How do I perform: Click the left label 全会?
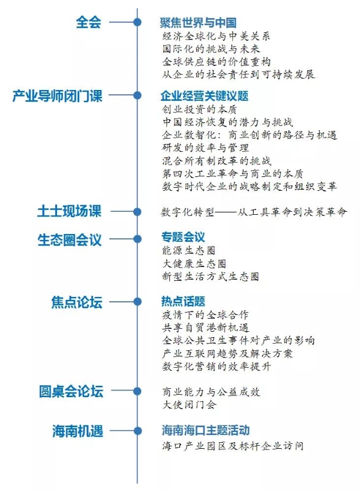click(x=89, y=22)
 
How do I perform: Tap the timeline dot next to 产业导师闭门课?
click(x=137, y=95)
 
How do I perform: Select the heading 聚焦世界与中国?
click(x=198, y=23)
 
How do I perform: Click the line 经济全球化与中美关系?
click(x=216, y=36)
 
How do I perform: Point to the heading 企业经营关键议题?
click(x=205, y=96)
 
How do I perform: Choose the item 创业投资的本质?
click(x=199, y=109)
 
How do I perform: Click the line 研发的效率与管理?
click(x=206, y=148)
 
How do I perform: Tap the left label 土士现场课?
click(x=70, y=211)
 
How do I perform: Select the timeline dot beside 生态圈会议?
click(x=137, y=239)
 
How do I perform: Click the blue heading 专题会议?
click(x=183, y=237)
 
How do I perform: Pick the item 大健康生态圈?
click(x=194, y=263)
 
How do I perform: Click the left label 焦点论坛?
click(x=77, y=302)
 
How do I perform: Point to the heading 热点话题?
click(x=183, y=301)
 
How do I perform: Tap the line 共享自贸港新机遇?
click(x=206, y=328)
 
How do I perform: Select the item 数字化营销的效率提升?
click(x=217, y=367)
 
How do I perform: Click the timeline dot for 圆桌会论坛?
click(x=137, y=391)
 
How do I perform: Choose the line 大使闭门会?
click(x=189, y=404)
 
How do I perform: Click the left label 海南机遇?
click(x=77, y=431)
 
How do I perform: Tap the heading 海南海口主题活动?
click(x=206, y=430)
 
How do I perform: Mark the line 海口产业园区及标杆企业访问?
click(x=233, y=446)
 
